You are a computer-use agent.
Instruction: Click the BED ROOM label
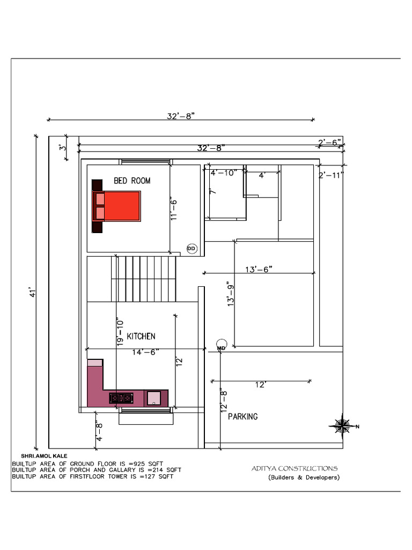(132, 180)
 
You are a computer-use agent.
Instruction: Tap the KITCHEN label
(141, 336)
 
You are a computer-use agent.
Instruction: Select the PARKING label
(243, 416)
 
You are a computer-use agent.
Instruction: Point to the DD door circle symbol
(192, 249)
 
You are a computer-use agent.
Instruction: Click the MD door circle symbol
(222, 345)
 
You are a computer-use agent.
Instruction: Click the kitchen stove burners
(121, 398)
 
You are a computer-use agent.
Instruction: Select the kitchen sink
(154, 398)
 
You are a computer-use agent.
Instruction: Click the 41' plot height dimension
(33, 293)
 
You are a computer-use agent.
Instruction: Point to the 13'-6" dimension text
(259, 269)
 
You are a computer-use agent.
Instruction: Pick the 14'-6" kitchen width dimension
(145, 352)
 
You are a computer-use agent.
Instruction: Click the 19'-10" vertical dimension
(120, 332)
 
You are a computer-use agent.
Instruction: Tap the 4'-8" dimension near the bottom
(99, 432)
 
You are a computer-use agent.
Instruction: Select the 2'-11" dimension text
(330, 175)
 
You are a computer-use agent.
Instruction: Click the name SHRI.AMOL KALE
(44, 456)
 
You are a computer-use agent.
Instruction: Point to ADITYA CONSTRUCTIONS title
(295, 468)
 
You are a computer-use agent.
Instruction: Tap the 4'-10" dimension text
(224, 172)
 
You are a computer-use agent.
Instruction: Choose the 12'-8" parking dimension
(224, 400)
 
